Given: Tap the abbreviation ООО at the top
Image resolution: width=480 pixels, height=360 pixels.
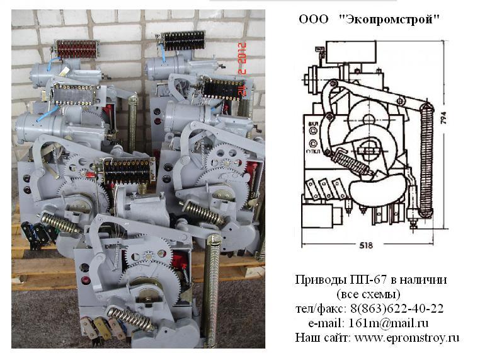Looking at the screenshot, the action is (313, 20).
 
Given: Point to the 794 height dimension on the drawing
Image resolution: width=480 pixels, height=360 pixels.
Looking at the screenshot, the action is (443, 118).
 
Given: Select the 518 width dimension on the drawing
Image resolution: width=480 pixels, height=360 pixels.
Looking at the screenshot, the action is (366, 245).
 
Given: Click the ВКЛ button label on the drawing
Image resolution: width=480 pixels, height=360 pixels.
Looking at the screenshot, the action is (313, 124).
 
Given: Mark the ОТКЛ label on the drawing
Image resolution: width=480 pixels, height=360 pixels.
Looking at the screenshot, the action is (312, 151).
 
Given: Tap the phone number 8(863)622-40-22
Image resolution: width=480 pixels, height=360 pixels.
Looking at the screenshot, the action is (397, 308).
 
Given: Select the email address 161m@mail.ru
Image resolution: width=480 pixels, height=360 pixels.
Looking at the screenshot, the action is (389, 323).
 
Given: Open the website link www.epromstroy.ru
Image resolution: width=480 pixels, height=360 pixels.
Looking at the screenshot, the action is (407, 338).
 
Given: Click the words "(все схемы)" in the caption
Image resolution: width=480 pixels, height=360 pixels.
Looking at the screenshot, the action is (369, 294).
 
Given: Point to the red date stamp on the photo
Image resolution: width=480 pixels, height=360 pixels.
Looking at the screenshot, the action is (242, 69).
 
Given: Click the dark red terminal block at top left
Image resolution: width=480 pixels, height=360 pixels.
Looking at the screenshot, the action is (77, 49).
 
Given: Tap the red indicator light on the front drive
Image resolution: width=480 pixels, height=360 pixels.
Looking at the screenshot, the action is (86, 280).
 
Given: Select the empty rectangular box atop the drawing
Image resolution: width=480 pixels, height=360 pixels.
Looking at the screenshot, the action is (351, 52).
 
